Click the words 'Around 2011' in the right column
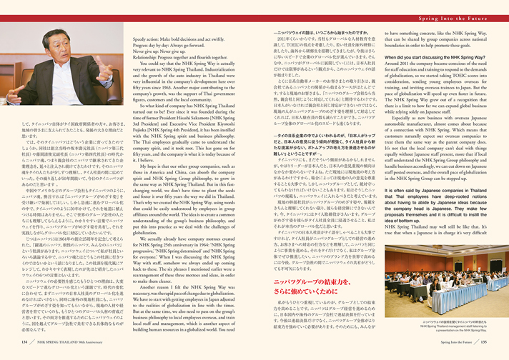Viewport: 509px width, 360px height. (397, 84)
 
